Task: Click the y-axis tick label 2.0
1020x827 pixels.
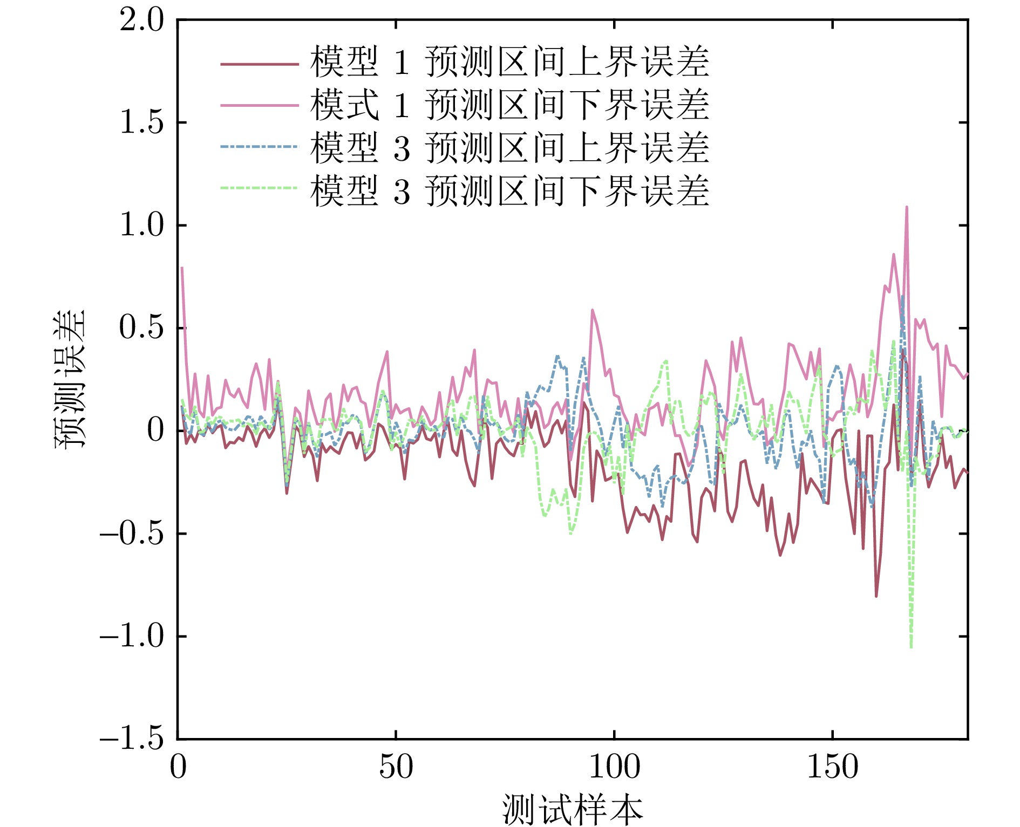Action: pos(141,22)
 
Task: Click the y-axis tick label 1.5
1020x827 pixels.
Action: pos(141,123)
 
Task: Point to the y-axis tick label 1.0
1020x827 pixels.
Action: pos(141,225)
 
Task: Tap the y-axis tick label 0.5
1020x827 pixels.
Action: pos(141,327)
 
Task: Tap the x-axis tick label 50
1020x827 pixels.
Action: pos(396,767)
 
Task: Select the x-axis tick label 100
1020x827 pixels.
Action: pos(614,767)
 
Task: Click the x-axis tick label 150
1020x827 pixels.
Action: pos(832,767)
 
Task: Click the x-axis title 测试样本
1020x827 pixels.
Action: pos(572,809)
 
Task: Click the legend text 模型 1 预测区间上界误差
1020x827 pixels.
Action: pos(509,62)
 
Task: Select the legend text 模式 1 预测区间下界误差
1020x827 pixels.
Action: pos(509,105)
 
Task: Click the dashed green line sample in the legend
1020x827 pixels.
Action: pos(259,188)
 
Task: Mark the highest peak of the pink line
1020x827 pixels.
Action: pos(907,207)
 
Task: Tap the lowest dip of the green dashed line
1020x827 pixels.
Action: pos(911,647)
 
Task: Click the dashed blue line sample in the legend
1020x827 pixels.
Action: pos(259,146)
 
